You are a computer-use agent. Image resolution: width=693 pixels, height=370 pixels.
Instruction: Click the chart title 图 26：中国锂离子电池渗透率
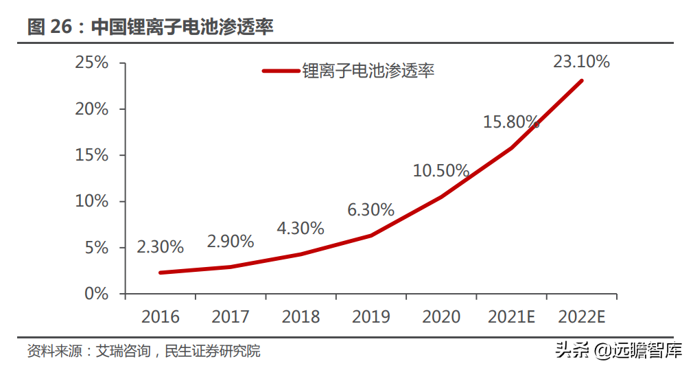tap(150, 27)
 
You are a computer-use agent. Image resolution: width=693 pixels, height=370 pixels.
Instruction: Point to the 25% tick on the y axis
tap(92, 63)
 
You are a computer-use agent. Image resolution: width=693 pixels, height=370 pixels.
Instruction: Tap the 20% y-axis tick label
tap(92, 109)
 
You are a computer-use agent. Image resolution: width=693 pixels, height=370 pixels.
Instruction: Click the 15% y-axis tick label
tap(92, 155)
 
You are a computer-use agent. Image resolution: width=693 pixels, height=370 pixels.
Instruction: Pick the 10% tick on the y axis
tap(92, 201)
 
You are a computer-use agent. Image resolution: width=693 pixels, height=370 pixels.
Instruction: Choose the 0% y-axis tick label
tap(97, 294)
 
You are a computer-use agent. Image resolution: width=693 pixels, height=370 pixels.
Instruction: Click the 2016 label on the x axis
tap(160, 316)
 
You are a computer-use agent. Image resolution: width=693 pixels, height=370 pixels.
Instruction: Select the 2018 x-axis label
tap(301, 316)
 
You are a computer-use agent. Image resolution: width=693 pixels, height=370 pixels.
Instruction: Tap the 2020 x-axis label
tap(441, 316)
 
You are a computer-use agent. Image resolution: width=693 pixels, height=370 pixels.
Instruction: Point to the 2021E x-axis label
tap(511, 316)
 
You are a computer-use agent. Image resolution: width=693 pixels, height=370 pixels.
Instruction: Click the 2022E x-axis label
tap(582, 316)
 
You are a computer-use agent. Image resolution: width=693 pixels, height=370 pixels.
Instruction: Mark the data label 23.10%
tap(581, 62)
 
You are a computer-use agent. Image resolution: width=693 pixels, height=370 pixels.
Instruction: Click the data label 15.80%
tap(511, 122)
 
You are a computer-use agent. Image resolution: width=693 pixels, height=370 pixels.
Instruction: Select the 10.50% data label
tap(441, 170)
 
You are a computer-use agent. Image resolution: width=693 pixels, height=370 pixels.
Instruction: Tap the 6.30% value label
tap(371, 210)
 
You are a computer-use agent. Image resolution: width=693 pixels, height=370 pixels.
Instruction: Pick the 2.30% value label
tap(160, 246)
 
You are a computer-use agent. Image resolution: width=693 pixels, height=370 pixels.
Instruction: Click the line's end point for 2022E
tap(582, 80)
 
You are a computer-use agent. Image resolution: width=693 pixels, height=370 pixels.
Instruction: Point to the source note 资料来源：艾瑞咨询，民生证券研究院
tap(143, 351)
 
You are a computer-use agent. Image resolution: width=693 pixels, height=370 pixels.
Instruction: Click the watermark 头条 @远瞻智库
tap(618, 351)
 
